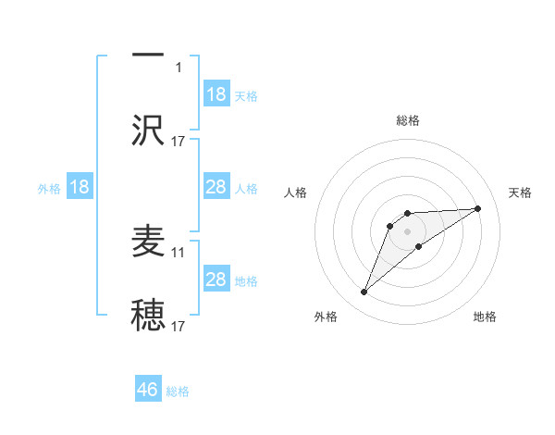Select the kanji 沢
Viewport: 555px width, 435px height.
coord(148,130)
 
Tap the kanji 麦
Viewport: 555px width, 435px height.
coord(148,242)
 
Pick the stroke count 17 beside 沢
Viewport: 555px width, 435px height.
coord(179,141)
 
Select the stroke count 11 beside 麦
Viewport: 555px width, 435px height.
coord(179,252)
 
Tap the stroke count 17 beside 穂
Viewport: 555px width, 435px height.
coord(179,327)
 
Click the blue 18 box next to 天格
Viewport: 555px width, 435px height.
coord(216,94)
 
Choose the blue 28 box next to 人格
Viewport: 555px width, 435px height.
coord(216,187)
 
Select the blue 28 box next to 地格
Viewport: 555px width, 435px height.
coord(216,280)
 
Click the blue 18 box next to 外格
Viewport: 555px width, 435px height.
coord(80,187)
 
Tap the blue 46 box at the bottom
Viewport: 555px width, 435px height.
coord(148,390)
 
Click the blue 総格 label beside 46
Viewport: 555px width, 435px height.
coord(178,391)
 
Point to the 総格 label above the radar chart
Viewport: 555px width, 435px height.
coord(408,120)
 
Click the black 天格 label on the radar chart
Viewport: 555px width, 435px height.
coord(521,193)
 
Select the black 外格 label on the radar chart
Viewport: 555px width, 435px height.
coord(326,317)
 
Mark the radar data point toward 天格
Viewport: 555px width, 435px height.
coord(478,208)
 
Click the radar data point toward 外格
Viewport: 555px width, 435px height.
coord(364,292)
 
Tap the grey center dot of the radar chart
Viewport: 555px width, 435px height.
coord(408,230)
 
